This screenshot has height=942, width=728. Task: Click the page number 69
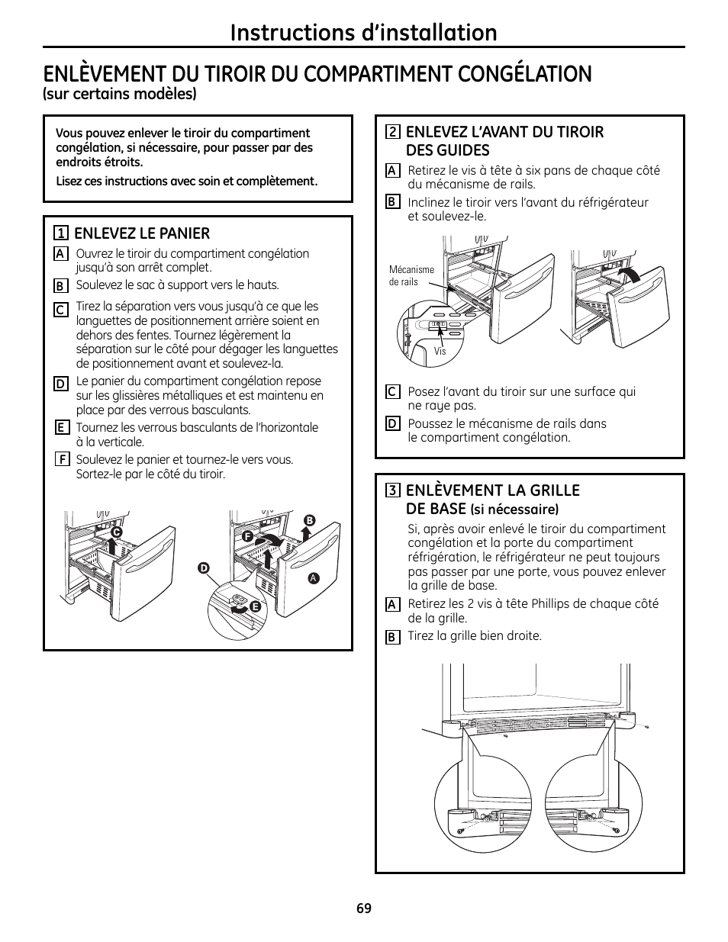[x=363, y=908]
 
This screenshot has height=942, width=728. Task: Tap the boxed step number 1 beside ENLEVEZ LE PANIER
[x=59, y=233]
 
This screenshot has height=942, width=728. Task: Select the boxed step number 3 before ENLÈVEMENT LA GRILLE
[x=392, y=490]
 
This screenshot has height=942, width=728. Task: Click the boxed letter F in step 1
[x=60, y=459]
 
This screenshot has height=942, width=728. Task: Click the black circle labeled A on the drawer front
[x=312, y=578]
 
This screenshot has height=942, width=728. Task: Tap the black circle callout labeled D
[x=203, y=567]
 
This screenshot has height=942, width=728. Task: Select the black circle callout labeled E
[x=256, y=606]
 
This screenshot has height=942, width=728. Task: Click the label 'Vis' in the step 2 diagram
[x=440, y=352]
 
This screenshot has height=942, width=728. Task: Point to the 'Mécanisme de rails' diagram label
[x=411, y=275]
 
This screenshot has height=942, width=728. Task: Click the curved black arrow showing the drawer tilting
[x=630, y=277]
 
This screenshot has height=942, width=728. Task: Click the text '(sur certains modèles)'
[x=120, y=94]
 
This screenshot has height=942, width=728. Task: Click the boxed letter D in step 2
[x=392, y=423]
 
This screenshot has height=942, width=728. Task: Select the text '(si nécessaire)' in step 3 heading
[x=514, y=510]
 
